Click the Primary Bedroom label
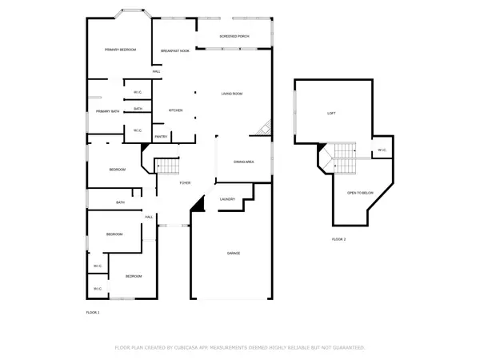(120, 50)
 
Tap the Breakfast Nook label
(174, 51)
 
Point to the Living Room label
(232, 94)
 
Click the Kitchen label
(176, 110)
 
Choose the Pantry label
(160, 137)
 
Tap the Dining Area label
(244, 162)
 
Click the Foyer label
(185, 183)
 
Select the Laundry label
(226, 199)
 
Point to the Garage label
(232, 254)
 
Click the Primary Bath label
(108, 111)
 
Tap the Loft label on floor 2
(330, 113)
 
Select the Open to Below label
(360, 193)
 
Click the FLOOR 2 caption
(338, 239)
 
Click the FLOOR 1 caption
(93, 311)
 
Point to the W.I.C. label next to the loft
(382, 150)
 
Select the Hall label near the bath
(149, 217)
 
